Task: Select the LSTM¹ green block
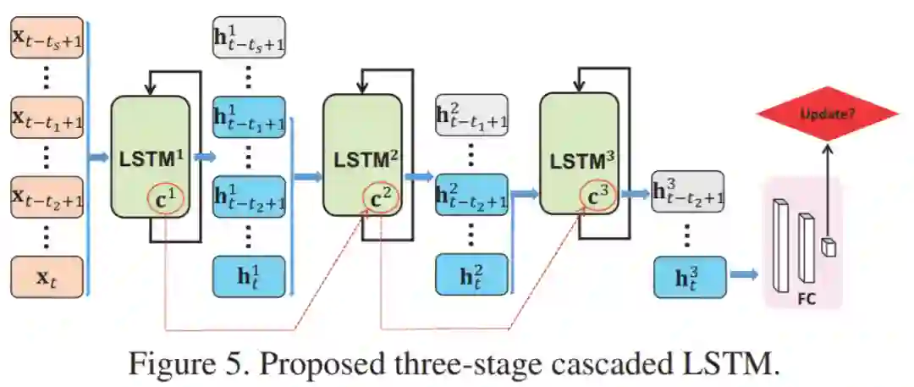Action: coord(151,157)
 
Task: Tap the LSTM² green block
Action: coord(362,157)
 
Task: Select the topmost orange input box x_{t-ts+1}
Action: coord(47,38)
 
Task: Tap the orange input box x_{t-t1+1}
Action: coord(47,119)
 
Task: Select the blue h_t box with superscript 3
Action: coord(689,276)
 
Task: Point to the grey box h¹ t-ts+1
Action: coord(249,38)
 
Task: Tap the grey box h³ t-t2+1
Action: coord(689,192)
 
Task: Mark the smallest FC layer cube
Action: coord(830,247)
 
